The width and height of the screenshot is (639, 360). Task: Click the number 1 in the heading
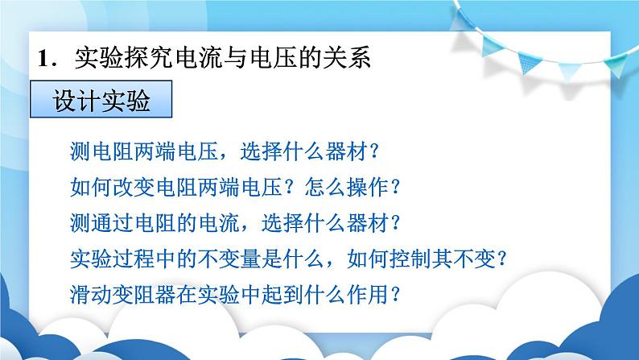click(x=44, y=58)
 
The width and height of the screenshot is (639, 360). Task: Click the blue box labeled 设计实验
click(x=101, y=99)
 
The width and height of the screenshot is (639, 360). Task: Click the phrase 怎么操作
click(x=346, y=188)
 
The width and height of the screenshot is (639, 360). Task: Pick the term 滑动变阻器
click(x=123, y=294)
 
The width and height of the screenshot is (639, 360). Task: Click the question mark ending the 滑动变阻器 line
click(x=394, y=294)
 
